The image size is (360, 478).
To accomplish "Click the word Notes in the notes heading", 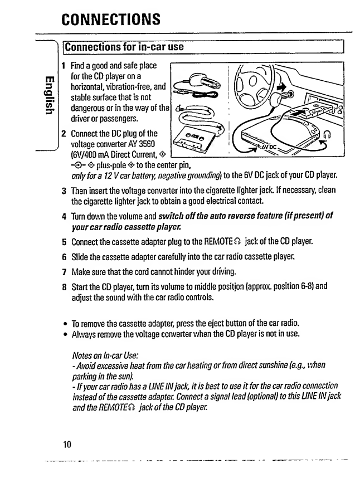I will (83, 355).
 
